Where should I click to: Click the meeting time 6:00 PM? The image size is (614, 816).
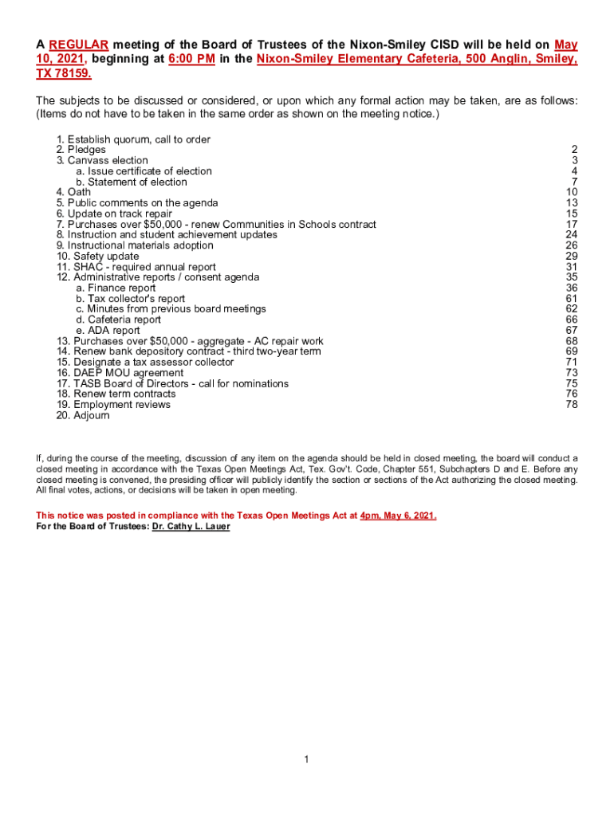click(x=191, y=60)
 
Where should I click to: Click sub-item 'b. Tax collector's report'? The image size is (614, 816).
click(x=131, y=299)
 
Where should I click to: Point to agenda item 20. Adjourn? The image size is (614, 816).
click(x=83, y=415)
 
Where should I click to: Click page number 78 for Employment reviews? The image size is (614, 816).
click(x=571, y=405)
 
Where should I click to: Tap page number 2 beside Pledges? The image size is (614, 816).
click(x=574, y=150)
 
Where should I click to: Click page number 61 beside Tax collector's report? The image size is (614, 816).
click(x=571, y=299)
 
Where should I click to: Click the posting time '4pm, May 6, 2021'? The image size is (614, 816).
click(x=398, y=516)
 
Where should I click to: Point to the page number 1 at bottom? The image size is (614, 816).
click(x=306, y=759)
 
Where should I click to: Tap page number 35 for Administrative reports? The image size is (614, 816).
click(x=571, y=277)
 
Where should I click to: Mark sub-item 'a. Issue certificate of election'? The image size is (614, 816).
click(x=144, y=171)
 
